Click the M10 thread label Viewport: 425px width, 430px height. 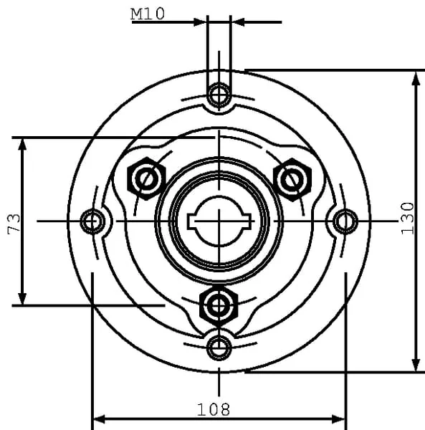148,14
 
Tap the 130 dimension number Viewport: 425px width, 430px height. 408,219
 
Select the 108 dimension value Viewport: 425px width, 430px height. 214,410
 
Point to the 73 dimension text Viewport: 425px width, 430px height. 14,224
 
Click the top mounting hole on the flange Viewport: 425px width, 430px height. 219,95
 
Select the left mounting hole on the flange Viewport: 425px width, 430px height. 92,221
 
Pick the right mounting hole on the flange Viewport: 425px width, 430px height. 345,221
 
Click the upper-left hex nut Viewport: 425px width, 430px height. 147,178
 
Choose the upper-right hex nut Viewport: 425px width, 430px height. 292,180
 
